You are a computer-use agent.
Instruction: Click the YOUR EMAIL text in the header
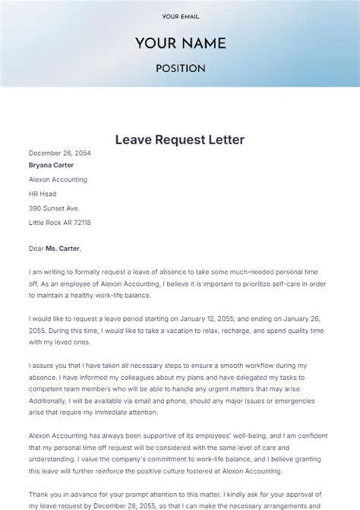(180, 16)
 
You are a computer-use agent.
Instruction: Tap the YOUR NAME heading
(180, 43)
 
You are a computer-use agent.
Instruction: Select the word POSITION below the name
(180, 68)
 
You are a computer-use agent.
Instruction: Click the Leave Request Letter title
(180, 140)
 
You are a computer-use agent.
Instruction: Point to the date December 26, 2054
(60, 153)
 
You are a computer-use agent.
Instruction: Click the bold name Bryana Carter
(52, 165)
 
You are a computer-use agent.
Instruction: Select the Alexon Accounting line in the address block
(58, 179)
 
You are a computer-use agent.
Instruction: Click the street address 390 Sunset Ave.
(54, 208)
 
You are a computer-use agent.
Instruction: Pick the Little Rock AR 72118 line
(60, 223)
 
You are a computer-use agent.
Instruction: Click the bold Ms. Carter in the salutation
(62, 248)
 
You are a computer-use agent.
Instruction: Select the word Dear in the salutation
(36, 248)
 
